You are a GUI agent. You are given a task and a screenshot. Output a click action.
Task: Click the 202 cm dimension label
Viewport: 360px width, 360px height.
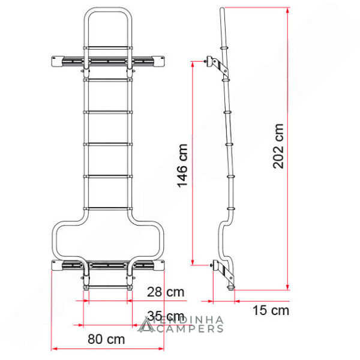pyautogui.click(x=278, y=146)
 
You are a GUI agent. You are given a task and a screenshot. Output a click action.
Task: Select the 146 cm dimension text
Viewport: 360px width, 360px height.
pyautogui.click(x=182, y=166)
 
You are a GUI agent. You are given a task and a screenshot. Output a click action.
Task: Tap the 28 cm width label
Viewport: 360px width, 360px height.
pyautogui.click(x=166, y=292)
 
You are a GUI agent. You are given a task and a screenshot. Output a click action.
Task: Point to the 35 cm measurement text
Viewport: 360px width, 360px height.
pyautogui.click(x=166, y=316)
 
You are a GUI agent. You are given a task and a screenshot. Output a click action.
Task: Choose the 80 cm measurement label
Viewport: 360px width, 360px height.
pyautogui.click(x=106, y=339)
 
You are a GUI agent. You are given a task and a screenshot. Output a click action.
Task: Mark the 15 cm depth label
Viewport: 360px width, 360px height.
pyautogui.click(x=271, y=310)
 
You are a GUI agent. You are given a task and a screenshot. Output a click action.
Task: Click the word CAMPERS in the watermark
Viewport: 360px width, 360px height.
pyautogui.click(x=190, y=329)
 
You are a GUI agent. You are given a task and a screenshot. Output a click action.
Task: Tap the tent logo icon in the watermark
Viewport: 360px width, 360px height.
pyautogui.click(x=146, y=325)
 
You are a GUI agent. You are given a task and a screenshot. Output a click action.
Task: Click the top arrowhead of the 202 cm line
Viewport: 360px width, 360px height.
pyautogui.click(x=287, y=10)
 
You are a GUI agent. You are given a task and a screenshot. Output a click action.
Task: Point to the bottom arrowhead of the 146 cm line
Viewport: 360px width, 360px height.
pyautogui.click(x=193, y=262)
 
